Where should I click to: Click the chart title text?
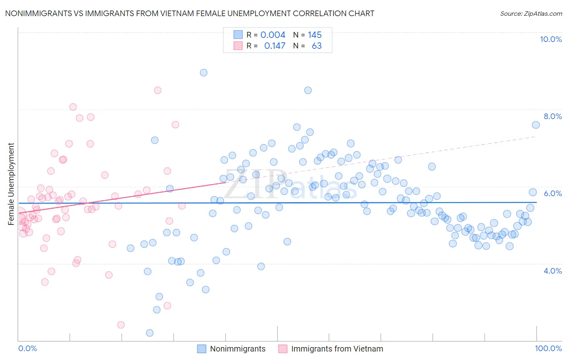click(x=190, y=13)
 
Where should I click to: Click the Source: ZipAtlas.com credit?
click(x=531, y=13)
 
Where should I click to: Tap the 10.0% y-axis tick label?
click(x=550, y=39)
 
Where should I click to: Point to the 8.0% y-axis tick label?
click(x=552, y=116)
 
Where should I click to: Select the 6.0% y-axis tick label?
click(x=552, y=193)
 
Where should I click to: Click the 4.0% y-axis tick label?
click(x=552, y=271)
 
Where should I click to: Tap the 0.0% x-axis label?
click(x=27, y=348)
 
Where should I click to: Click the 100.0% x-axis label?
click(x=548, y=348)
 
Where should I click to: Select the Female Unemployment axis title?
click(x=11, y=184)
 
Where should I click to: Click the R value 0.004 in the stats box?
click(x=273, y=35)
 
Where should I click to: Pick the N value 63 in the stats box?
click(x=317, y=46)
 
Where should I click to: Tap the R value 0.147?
click(x=275, y=46)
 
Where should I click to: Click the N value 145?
click(x=315, y=35)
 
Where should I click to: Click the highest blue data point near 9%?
click(x=204, y=73)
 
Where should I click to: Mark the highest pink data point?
click(x=158, y=90)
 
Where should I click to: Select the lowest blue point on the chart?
click(x=150, y=333)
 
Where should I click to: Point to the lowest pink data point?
click(x=121, y=325)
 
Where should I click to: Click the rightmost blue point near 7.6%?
click(x=536, y=125)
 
